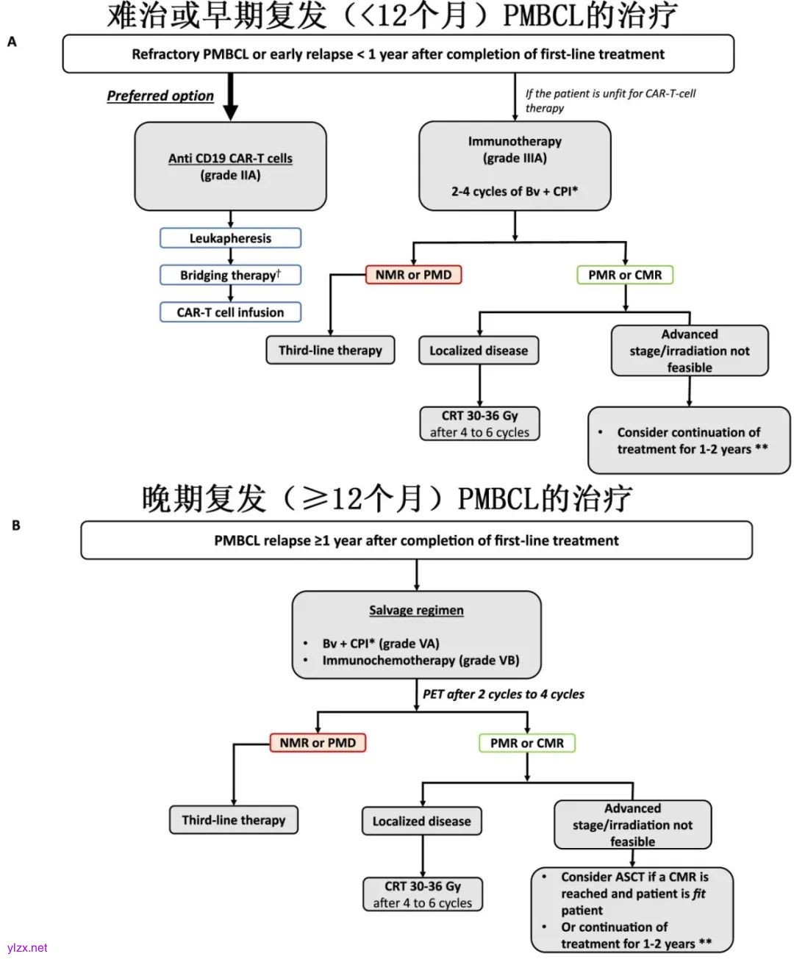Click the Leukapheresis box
230,238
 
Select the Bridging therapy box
230,275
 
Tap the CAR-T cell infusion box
230,312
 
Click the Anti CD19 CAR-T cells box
230,166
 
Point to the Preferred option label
160,96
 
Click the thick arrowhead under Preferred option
230,111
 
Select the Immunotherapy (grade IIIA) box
515,166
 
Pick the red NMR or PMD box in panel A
413,275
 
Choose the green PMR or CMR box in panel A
625,275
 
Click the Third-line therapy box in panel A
330,351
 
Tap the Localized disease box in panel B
421,821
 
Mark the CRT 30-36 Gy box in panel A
479,424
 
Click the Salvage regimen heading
416,611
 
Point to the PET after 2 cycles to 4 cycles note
504,694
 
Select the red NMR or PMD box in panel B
318,743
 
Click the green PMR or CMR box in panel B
527,743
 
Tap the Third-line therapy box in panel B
234,820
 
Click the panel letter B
15,525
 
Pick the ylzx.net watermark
27,948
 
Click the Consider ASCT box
632,910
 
